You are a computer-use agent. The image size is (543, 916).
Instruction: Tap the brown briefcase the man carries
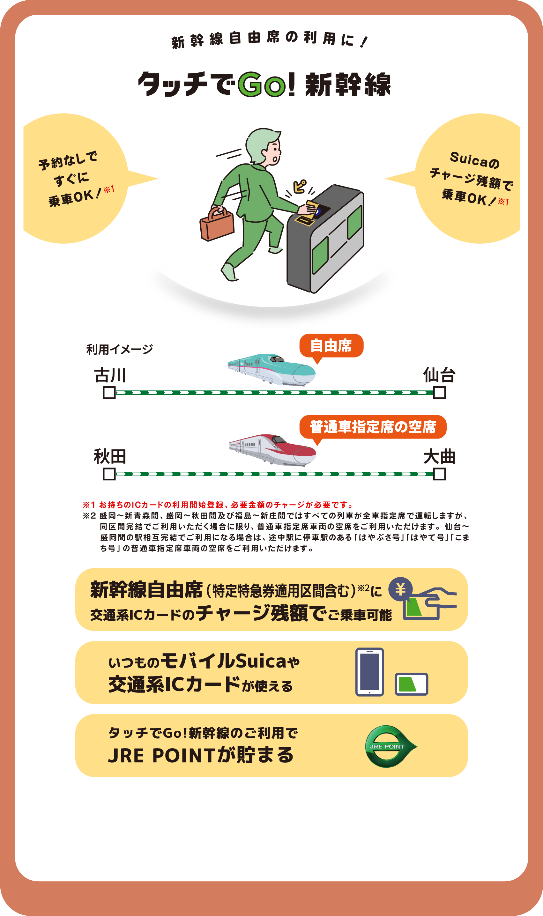click(x=217, y=224)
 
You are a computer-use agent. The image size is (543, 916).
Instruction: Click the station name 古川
click(x=110, y=375)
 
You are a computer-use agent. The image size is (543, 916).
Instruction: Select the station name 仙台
click(x=439, y=375)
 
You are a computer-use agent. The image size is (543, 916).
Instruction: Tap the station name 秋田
click(x=110, y=456)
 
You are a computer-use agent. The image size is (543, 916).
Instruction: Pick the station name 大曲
click(x=439, y=456)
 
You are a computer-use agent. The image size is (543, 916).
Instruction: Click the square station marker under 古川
click(x=109, y=393)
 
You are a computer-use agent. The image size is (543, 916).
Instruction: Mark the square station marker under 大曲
click(x=439, y=474)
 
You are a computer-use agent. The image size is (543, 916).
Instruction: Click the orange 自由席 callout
click(x=331, y=346)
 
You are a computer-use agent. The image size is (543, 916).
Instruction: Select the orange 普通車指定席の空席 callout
click(x=373, y=427)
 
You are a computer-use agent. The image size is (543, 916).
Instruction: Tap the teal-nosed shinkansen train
click(x=271, y=369)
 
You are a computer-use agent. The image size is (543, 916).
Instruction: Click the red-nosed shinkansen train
click(x=272, y=450)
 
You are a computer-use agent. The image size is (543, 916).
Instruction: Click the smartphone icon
click(x=369, y=672)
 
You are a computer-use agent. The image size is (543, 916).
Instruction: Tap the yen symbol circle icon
click(x=401, y=589)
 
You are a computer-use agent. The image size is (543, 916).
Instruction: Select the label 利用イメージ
click(x=120, y=349)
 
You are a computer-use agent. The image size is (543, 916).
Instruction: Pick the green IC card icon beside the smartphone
click(x=411, y=684)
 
